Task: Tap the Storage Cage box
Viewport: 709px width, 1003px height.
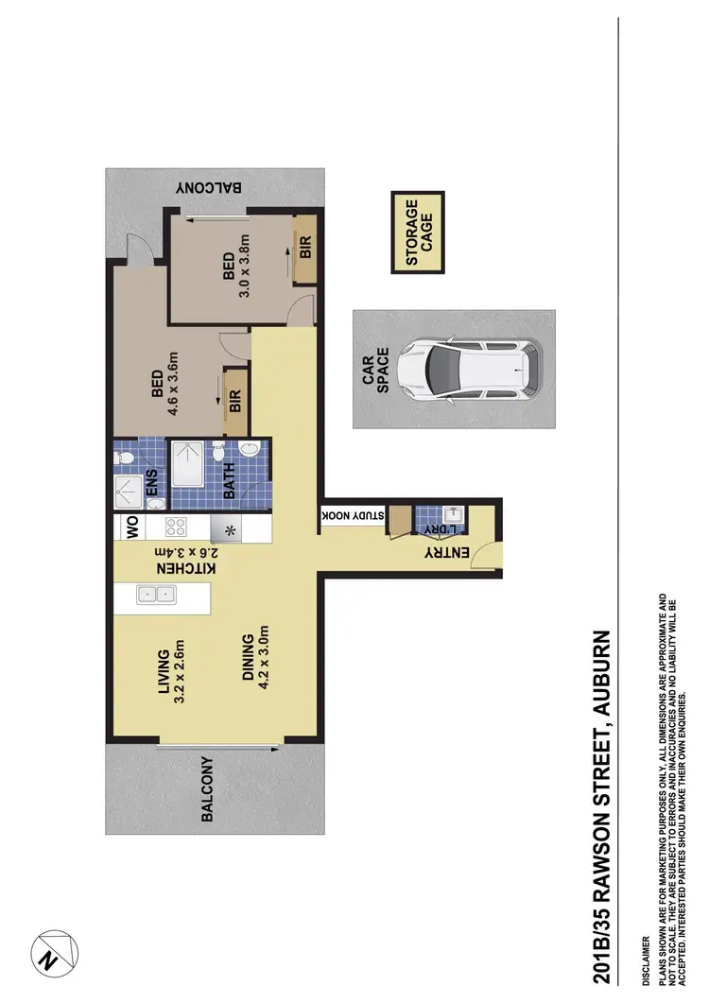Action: (418, 233)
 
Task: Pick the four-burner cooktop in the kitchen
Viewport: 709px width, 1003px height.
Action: (180, 527)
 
